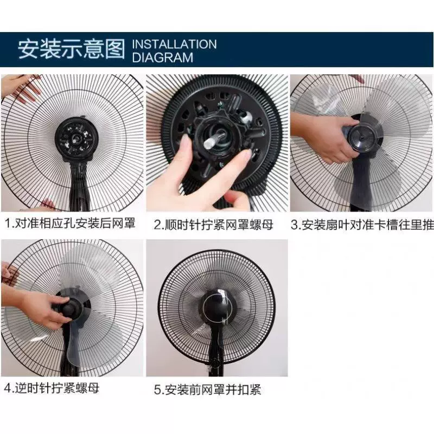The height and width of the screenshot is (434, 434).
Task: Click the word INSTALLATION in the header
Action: (174, 44)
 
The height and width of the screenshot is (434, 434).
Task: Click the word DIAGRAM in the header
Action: (162, 58)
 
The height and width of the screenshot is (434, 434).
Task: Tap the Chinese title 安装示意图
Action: (72, 49)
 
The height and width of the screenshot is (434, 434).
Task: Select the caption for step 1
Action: (71, 223)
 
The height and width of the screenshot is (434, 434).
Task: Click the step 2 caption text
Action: (214, 225)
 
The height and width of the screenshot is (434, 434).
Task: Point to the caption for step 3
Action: (362, 225)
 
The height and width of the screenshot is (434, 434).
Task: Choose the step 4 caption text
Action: (52, 388)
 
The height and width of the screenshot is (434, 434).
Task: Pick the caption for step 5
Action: (208, 390)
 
